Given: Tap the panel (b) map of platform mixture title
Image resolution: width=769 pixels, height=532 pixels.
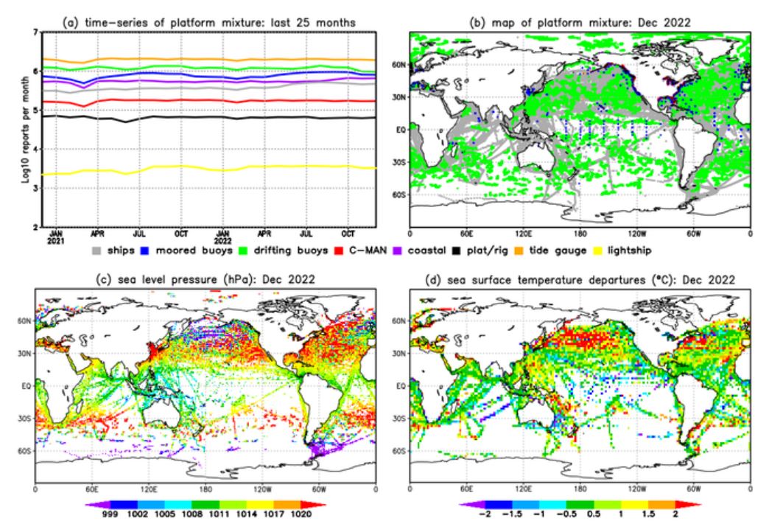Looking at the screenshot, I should tap(580, 23).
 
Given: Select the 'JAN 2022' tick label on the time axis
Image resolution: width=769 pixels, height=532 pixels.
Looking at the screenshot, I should tap(221, 236).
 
